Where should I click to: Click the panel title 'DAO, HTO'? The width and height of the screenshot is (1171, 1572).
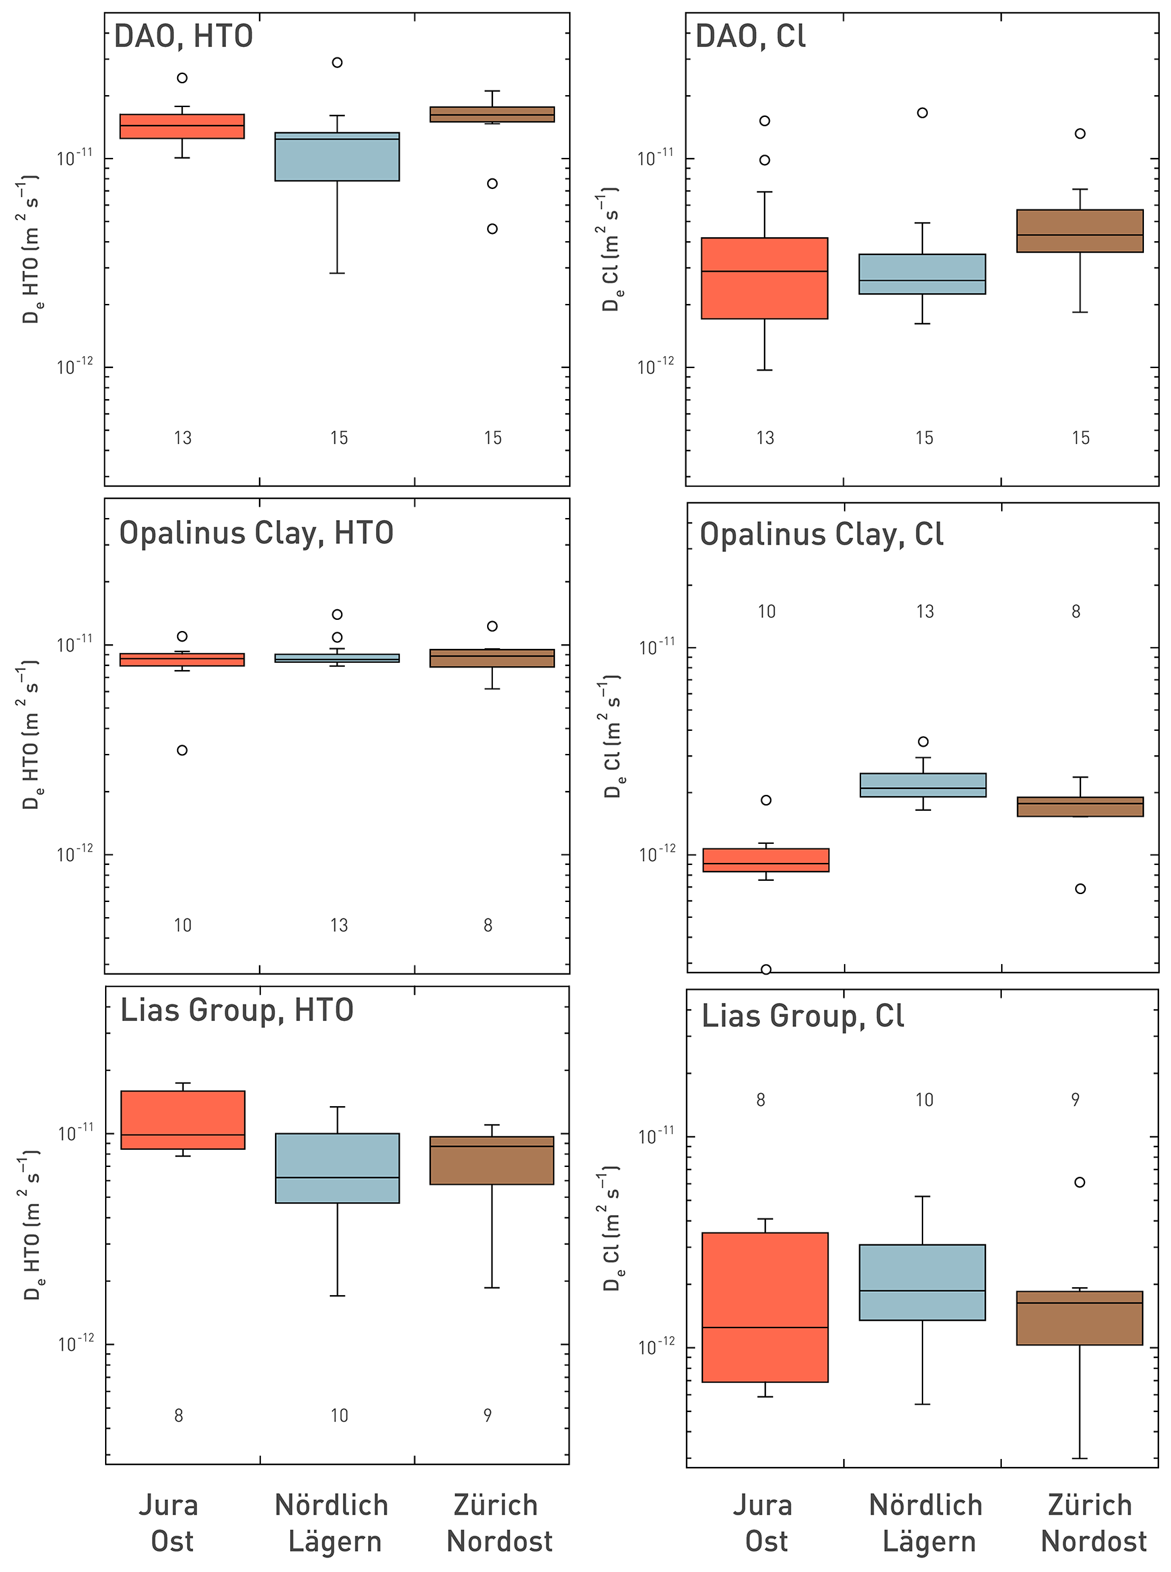[183, 36]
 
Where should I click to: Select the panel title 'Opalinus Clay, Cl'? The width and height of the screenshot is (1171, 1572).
[821, 535]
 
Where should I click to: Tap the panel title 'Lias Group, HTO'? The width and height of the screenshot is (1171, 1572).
[236, 1010]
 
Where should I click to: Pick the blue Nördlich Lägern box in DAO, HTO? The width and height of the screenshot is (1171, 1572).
[337, 157]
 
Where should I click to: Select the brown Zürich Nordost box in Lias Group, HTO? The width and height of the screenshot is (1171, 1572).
[492, 1160]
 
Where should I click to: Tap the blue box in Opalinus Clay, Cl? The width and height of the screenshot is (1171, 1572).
[923, 785]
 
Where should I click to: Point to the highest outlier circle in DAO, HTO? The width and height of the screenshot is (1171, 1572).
[338, 62]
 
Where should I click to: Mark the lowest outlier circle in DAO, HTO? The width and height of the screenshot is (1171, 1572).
[492, 229]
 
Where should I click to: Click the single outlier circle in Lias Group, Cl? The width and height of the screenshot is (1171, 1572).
[1080, 1182]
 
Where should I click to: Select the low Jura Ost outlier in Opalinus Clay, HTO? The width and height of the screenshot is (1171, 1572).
[182, 751]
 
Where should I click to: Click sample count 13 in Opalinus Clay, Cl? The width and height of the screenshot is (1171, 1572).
[925, 612]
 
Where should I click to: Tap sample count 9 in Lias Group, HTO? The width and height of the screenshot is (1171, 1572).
[488, 1415]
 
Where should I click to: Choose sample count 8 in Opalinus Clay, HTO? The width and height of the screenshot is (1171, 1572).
[488, 925]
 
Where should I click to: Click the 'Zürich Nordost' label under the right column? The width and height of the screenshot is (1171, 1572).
[1092, 1523]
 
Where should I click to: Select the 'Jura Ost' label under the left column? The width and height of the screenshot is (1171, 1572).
[169, 1523]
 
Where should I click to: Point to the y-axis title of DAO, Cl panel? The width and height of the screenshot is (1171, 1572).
[611, 250]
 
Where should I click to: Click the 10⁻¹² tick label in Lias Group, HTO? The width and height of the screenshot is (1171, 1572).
[75, 1343]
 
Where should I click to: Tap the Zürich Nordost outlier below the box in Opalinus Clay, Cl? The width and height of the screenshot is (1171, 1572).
[1080, 889]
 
